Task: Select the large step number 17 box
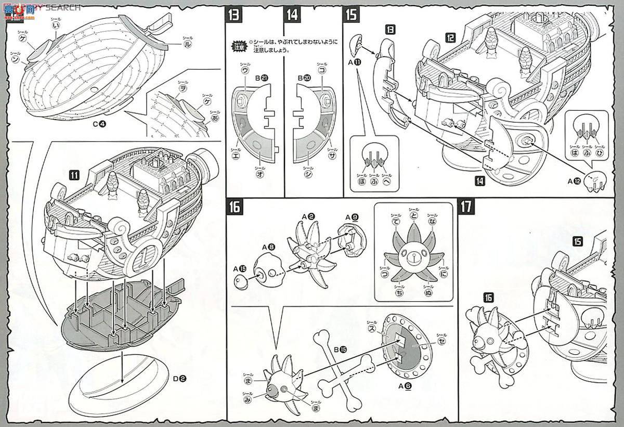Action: click(x=465, y=206)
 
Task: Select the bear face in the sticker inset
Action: click(x=414, y=258)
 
